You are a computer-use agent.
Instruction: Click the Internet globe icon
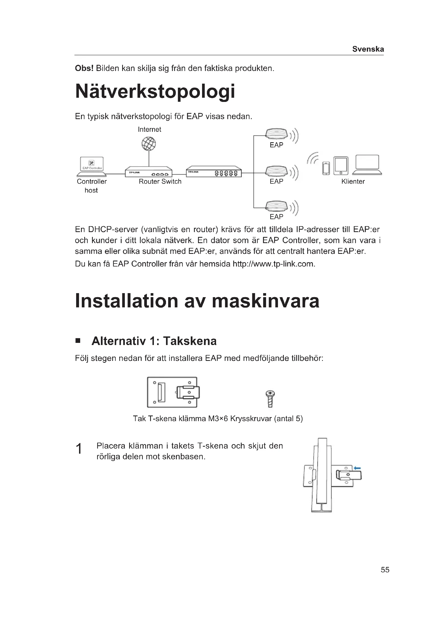point(149,144)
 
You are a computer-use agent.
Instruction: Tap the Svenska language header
point(368,49)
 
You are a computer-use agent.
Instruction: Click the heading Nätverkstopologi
point(155,91)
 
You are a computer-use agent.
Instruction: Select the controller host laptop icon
point(92,166)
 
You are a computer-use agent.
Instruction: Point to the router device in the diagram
point(149,172)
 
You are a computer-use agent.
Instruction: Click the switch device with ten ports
point(214,172)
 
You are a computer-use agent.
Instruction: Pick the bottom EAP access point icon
point(276,207)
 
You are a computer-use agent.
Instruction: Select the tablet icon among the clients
point(341,166)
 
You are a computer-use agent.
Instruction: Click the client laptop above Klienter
point(367,165)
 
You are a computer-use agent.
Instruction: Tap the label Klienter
point(353,181)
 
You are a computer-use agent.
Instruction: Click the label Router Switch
point(160,181)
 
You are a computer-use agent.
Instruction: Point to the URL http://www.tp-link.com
point(273,264)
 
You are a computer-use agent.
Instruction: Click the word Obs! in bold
point(84,68)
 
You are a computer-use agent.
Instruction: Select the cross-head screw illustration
point(270,399)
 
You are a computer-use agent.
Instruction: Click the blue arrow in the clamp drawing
point(357,468)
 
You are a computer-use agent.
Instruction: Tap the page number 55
point(385,570)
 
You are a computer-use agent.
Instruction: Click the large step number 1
point(79,449)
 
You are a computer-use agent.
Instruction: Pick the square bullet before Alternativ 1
point(78,341)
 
